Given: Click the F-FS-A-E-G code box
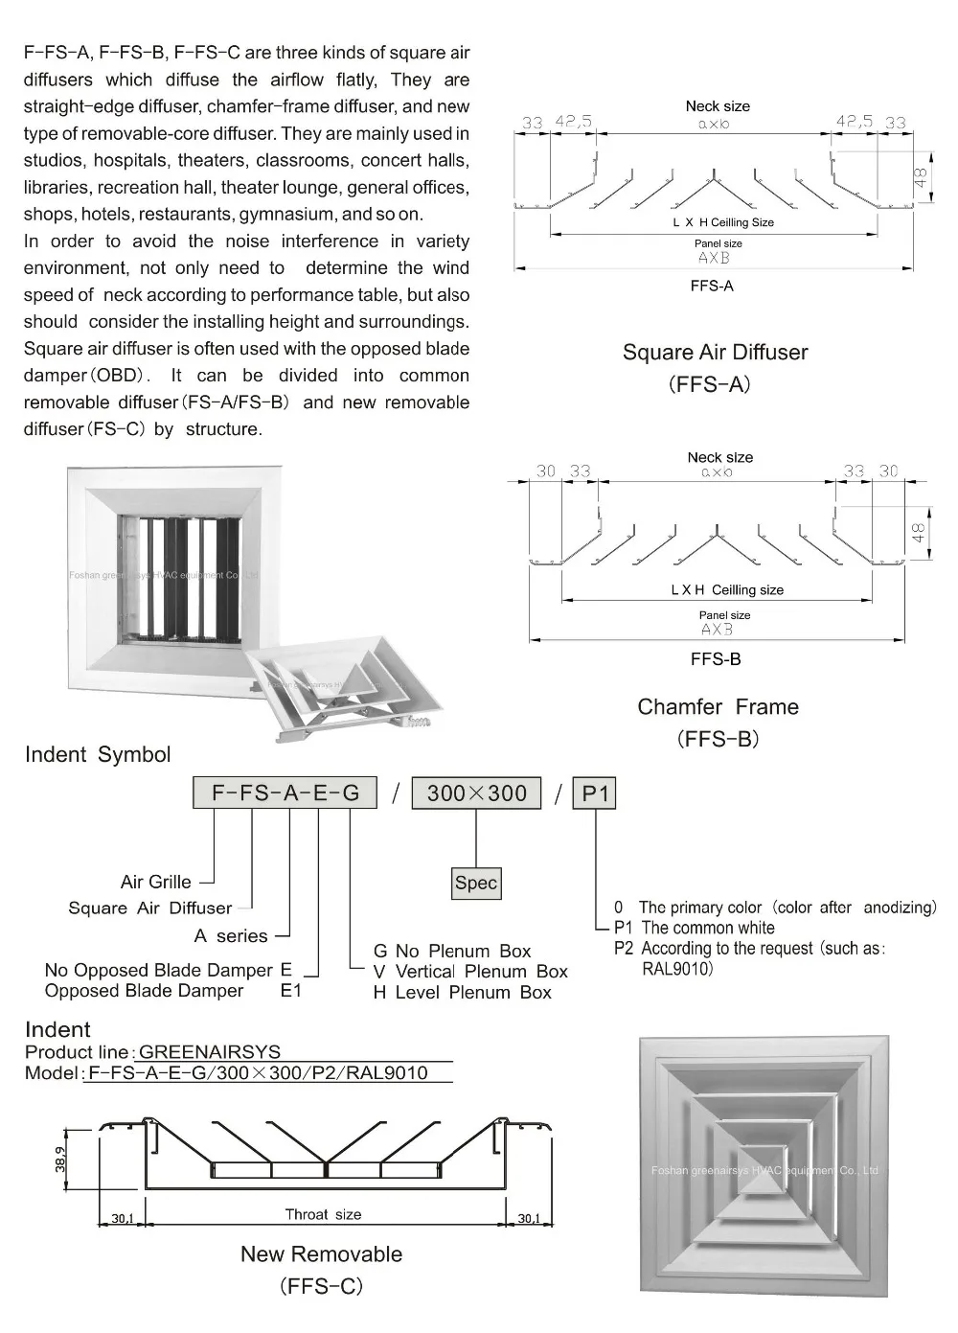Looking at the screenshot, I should point(285,793).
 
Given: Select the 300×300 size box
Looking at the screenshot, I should point(476,793).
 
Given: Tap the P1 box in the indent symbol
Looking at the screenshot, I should point(595,793).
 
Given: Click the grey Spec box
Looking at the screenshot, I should point(476,883).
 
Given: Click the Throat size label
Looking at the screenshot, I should point(323,1214).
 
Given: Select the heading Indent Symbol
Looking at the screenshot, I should point(98,754).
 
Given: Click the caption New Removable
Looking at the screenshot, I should point(321,1254).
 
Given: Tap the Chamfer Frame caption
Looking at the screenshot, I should point(718,707).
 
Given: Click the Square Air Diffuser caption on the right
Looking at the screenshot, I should point(715,353).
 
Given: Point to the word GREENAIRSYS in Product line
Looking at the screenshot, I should point(210,1051).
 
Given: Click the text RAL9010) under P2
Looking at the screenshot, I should point(677,969).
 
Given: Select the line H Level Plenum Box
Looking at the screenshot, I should point(462,993).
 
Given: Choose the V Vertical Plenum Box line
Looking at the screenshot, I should point(470,972).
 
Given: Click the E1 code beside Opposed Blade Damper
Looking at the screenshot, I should point(290,991).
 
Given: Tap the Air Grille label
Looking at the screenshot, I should point(155,882).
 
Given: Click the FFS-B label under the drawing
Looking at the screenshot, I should point(716,659).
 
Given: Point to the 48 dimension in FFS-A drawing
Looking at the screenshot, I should point(920,178).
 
